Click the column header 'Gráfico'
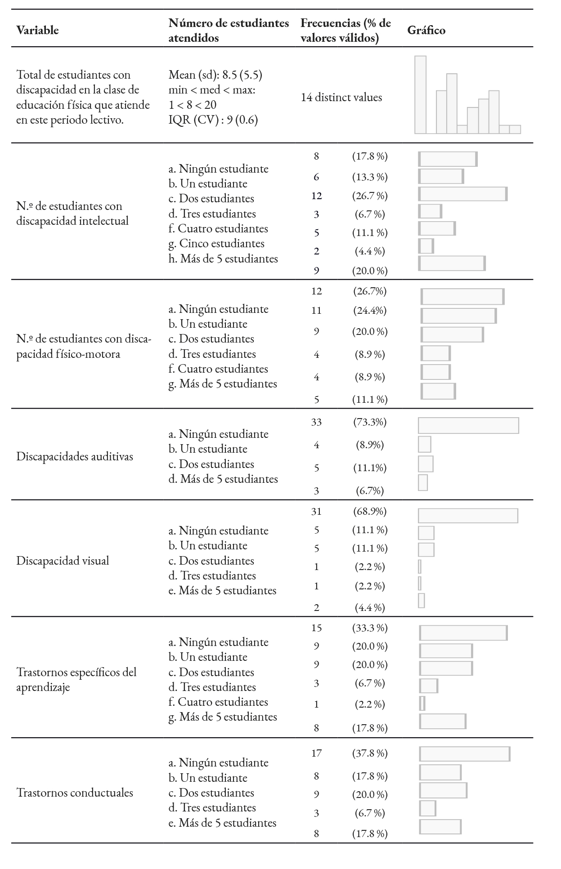click(426, 31)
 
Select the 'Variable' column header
click(37, 31)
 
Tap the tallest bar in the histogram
click(420, 94)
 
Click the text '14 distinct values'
click(341, 98)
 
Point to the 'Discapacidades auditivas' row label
click(75, 457)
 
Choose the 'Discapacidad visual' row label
click(63, 561)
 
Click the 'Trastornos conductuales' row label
click(75, 792)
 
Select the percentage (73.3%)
click(369, 422)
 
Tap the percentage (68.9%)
click(369, 512)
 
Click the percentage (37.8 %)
click(369, 753)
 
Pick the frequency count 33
click(316, 422)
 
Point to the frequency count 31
click(316, 512)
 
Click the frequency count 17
click(316, 753)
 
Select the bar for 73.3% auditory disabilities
click(468, 426)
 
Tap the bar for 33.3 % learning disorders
click(463, 633)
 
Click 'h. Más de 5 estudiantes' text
click(223, 259)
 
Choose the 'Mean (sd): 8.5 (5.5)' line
click(215, 75)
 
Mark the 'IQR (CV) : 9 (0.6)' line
click(213, 120)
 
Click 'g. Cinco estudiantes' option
click(216, 244)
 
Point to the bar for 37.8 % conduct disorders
click(465, 754)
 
